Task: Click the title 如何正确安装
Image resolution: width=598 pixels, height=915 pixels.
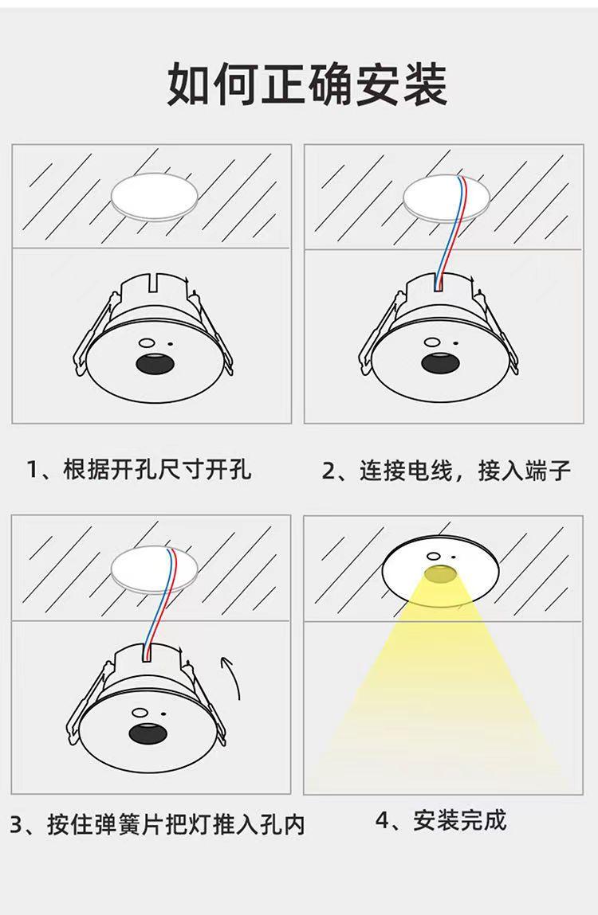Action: click(x=308, y=84)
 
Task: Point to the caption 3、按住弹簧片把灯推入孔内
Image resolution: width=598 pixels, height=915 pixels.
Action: click(x=157, y=824)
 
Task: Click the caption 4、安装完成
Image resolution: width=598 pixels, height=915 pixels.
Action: click(x=441, y=820)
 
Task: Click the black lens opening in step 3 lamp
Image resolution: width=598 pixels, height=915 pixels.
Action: click(x=148, y=733)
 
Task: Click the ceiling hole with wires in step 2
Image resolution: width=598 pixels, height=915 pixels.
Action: click(x=446, y=197)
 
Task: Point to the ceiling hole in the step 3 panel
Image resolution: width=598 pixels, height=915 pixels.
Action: click(x=155, y=569)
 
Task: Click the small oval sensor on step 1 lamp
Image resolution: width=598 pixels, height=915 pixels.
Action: click(x=148, y=343)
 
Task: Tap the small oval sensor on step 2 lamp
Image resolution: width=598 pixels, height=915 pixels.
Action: click(x=433, y=342)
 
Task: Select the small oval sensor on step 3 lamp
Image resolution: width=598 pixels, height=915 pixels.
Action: click(x=140, y=713)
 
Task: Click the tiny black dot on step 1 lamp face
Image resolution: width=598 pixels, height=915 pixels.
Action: click(x=171, y=345)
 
